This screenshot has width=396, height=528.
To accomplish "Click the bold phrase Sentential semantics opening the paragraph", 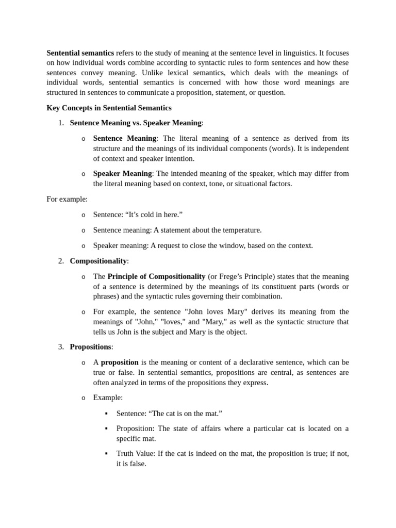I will coord(80,53).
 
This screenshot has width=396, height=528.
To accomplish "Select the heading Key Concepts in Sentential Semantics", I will coord(109,108).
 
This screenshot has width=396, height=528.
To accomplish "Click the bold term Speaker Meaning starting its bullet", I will coord(122,173).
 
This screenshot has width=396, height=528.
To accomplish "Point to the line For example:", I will coord(67,199).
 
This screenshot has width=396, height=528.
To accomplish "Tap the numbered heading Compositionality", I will coord(98,261).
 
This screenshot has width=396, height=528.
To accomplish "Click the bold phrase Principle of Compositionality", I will coord(156,276).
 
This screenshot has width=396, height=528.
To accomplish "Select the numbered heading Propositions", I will coord(90,346).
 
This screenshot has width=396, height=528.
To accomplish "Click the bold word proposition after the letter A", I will coord(120,362).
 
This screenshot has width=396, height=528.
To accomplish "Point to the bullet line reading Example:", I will coord(108,398).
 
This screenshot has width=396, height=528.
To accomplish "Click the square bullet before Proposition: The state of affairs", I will coord(106,428).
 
